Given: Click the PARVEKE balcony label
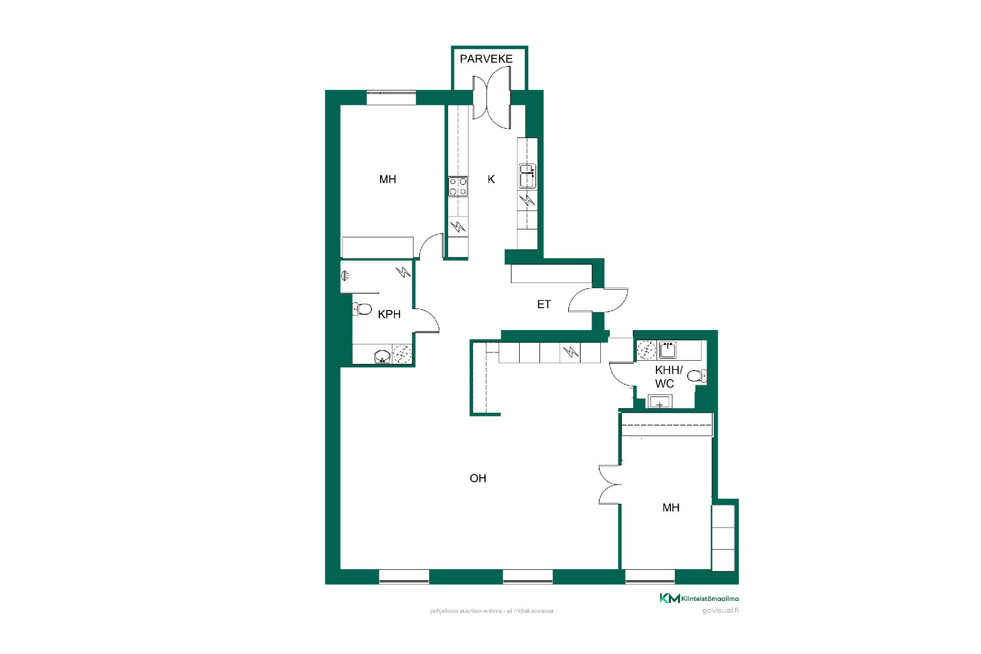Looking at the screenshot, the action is (486, 59).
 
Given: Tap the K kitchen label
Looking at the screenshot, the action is (491, 179).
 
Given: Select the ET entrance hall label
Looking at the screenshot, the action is (544, 305).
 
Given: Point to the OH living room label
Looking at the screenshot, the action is (478, 478).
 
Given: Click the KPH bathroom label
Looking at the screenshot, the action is (389, 314).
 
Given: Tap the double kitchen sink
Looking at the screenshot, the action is (527, 176).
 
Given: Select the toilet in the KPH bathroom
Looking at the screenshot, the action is (362, 309).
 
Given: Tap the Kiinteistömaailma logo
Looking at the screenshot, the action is (699, 598).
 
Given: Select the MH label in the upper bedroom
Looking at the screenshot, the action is (388, 179).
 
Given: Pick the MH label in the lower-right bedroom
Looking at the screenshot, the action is (671, 508).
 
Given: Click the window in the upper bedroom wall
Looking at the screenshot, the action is (391, 98).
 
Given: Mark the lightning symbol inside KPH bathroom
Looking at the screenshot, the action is (404, 272).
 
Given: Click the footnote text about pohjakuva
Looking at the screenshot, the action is (492, 611).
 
